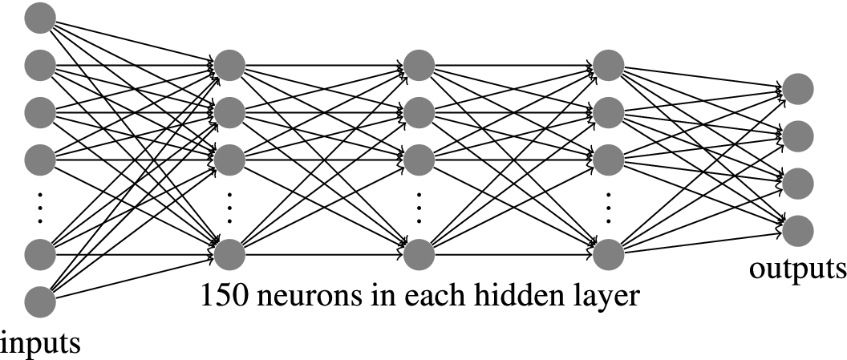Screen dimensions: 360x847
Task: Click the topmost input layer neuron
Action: pyautogui.click(x=39, y=18)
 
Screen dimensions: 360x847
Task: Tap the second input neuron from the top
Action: pyautogui.click(x=39, y=63)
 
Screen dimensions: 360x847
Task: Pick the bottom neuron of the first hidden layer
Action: pyautogui.click(x=229, y=254)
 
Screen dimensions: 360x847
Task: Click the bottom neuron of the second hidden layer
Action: pyautogui.click(x=419, y=254)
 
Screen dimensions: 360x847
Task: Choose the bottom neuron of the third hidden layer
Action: pyautogui.click(x=608, y=254)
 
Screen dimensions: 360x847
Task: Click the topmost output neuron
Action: pyautogui.click(x=798, y=89)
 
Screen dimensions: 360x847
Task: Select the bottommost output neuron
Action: pyautogui.click(x=798, y=231)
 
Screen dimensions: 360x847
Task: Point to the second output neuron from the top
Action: pyautogui.click(x=798, y=136)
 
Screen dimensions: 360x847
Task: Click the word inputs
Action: pyautogui.click(x=41, y=343)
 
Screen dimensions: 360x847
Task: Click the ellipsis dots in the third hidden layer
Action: pyautogui.click(x=608, y=207)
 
